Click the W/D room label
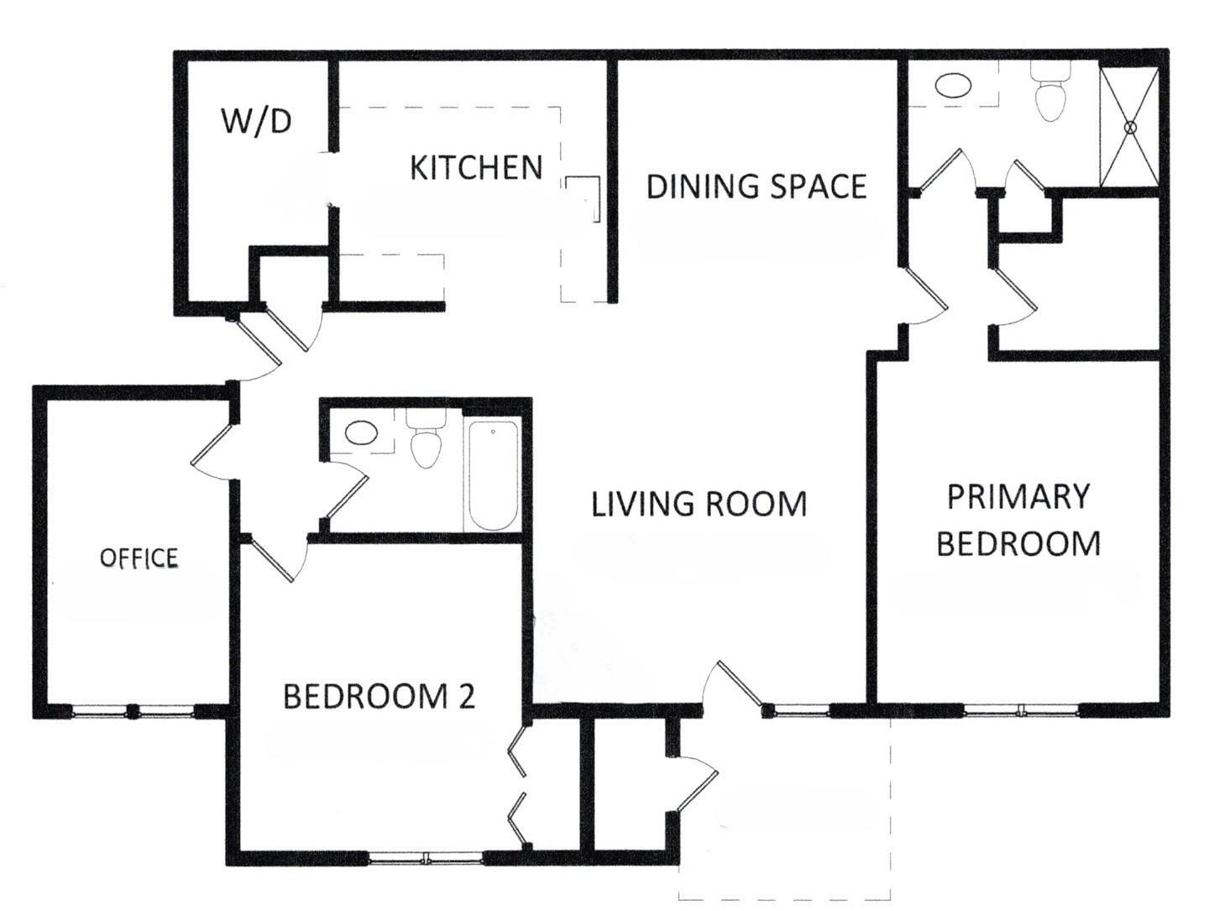[x=256, y=122]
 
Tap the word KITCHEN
[x=476, y=168]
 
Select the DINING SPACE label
[x=756, y=186]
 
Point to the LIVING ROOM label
[x=699, y=505]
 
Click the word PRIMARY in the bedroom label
[x=1018, y=497]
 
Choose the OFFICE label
[x=139, y=558]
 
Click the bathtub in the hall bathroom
[x=493, y=475]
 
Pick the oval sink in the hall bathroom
[x=361, y=433]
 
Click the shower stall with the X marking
[x=1129, y=126]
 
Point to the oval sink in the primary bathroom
[x=952, y=86]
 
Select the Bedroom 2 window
[x=426, y=857]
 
